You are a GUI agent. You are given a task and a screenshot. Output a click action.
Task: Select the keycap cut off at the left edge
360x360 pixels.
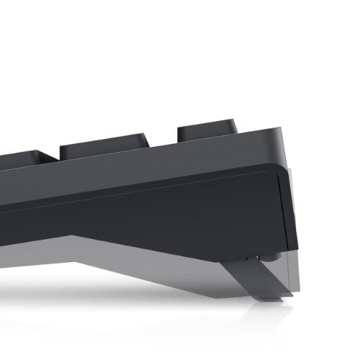coord(22,160)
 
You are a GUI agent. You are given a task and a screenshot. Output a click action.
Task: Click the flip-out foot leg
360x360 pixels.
coord(266,277)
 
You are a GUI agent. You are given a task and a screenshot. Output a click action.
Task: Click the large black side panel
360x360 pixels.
coord(180,209)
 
